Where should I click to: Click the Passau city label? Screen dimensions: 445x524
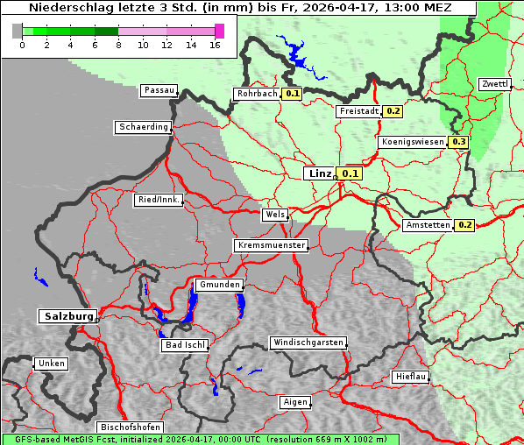click(x=159, y=90)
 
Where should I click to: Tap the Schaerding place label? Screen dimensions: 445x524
click(x=143, y=127)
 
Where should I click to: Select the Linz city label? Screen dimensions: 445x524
click(x=319, y=173)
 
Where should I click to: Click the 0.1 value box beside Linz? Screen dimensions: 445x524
click(x=351, y=173)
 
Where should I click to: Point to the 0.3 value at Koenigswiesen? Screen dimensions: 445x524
click(x=459, y=142)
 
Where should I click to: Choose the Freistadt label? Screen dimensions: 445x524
click(x=358, y=111)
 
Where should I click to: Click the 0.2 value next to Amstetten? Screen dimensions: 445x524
click(x=464, y=225)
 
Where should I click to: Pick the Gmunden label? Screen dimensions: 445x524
click(x=218, y=286)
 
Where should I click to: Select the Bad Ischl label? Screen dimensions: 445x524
click(x=185, y=345)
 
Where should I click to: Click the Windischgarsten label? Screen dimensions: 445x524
click(x=308, y=343)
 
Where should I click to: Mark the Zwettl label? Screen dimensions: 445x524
click(x=494, y=84)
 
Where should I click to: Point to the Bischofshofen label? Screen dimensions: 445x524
click(x=125, y=427)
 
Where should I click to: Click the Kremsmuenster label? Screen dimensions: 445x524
click(x=272, y=245)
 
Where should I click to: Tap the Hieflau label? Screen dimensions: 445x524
click(x=411, y=377)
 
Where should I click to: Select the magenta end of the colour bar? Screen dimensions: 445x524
click(x=219, y=31)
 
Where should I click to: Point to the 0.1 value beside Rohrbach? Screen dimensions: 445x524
click(x=293, y=94)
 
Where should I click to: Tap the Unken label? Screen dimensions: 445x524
click(x=51, y=364)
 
